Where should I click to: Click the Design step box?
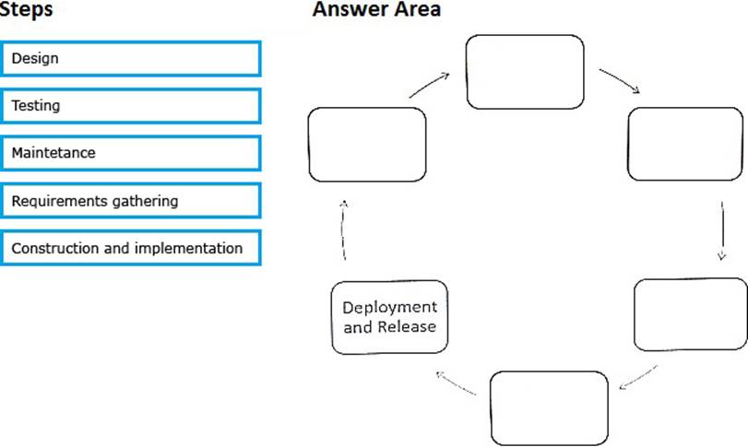pos(131,59)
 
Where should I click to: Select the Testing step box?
pos(131,106)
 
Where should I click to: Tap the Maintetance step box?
pos(131,153)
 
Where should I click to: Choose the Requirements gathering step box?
pos(131,201)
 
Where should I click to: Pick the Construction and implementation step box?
pos(131,248)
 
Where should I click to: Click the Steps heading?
pos(26,9)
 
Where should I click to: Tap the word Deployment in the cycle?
pos(390,308)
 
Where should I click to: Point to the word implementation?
pos(188,248)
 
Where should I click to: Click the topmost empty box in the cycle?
pos(525,72)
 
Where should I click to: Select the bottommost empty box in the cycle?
pos(549,408)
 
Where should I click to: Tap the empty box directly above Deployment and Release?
pos(367,145)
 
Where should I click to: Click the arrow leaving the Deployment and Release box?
pos(343,230)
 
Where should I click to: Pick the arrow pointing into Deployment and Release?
pos(456,382)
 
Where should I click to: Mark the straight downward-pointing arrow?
pos(722,230)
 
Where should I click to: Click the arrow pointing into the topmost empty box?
pos(429,85)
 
